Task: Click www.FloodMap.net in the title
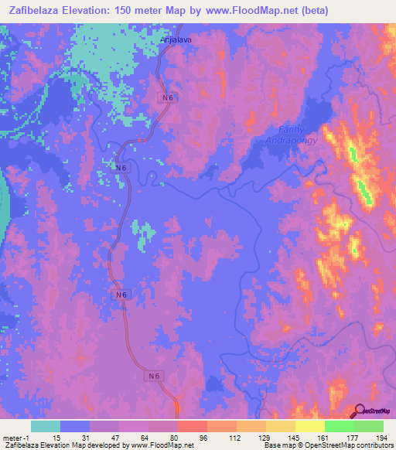point(248,11)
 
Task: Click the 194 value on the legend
point(381,438)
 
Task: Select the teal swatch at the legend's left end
point(46,426)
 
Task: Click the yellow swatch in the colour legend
point(309,426)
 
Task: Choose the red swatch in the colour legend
point(193,426)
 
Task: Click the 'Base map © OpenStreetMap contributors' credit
point(329,445)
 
